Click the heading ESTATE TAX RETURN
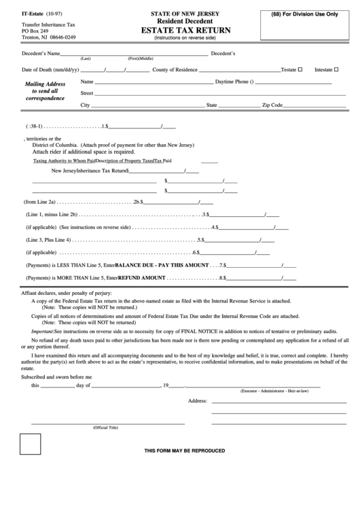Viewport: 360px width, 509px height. coord(185,31)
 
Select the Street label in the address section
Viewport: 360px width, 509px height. coord(87,93)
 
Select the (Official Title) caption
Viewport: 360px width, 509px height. coord(105,427)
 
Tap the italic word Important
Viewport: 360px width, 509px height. coord(46,330)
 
